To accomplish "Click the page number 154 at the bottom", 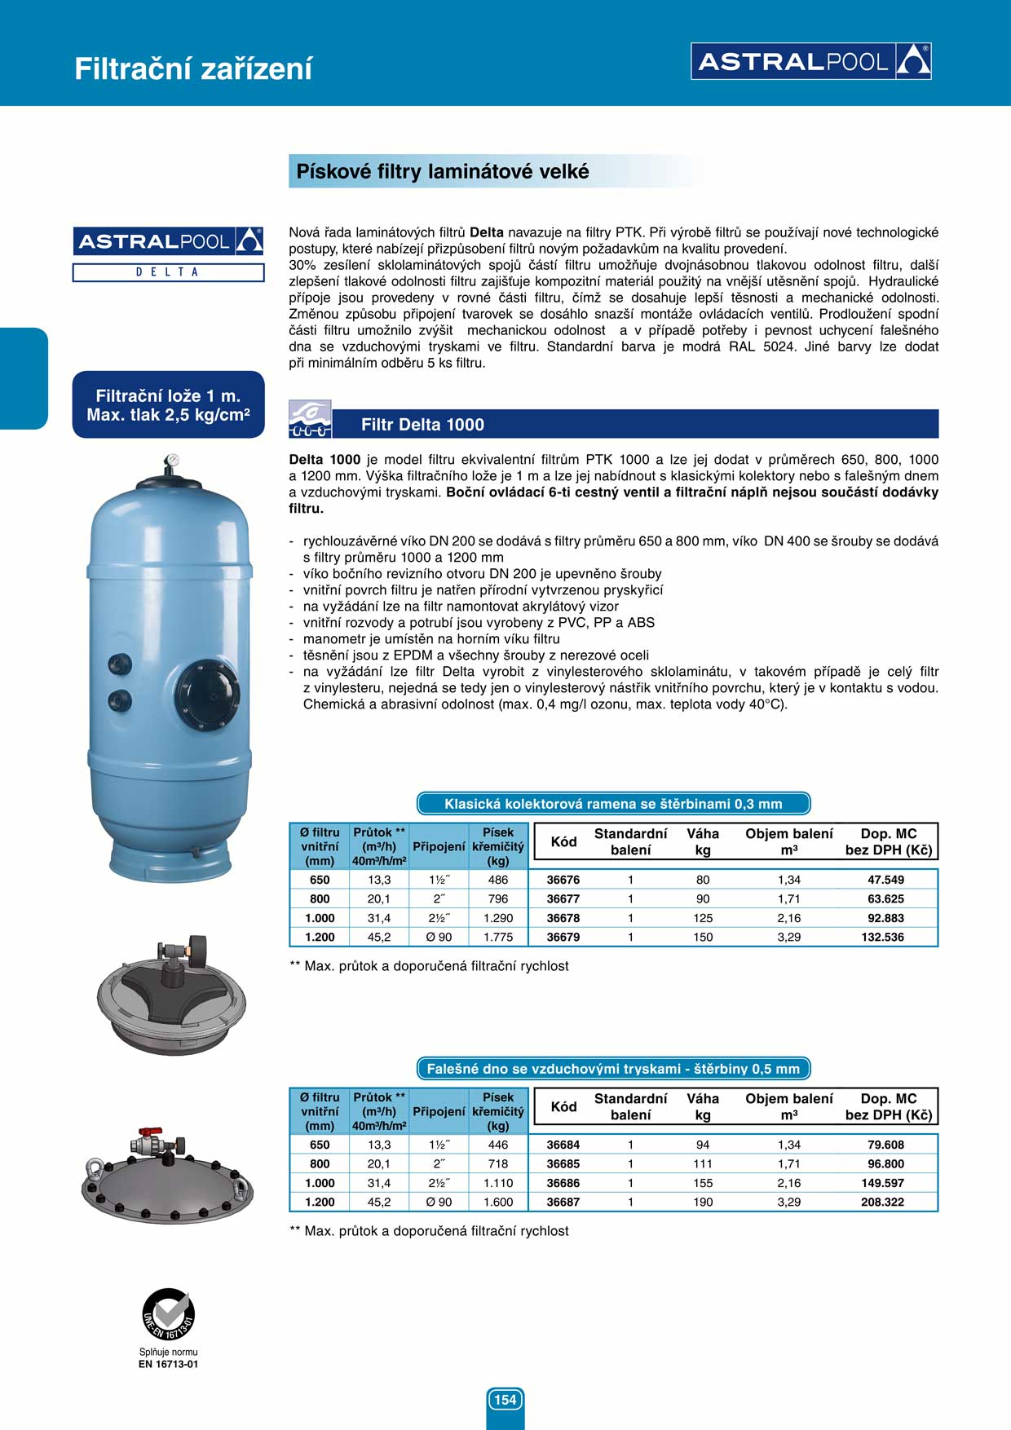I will (x=505, y=1400).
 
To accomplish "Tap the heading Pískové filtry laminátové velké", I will (x=442, y=171).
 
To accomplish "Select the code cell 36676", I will (x=563, y=880).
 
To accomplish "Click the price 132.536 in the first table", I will (x=882, y=938).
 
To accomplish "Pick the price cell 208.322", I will (x=882, y=1203).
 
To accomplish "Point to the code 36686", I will (x=563, y=1183).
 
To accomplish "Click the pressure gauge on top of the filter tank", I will (x=170, y=461).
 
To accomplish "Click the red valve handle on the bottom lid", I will (x=149, y=1134).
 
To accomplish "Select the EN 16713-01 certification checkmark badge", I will (x=168, y=1313).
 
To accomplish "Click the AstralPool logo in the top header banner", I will (x=811, y=61).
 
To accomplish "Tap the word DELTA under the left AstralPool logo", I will (x=168, y=272).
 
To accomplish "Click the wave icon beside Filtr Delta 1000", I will (x=310, y=419).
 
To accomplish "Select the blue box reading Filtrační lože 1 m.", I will (x=168, y=405).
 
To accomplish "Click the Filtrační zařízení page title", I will (x=193, y=68).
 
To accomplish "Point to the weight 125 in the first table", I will (x=703, y=918).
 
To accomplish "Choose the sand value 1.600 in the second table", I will (x=498, y=1203).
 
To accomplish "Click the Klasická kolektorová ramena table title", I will (x=613, y=804).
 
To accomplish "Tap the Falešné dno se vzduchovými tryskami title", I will (x=613, y=1069).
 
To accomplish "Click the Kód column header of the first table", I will (x=563, y=841).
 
